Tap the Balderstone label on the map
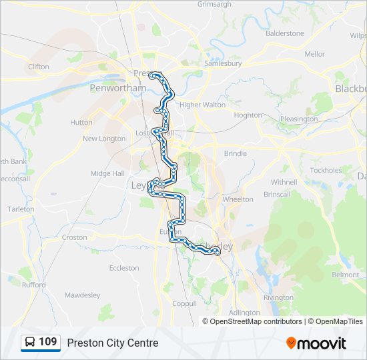(x=285, y=33)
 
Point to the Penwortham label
(x=118, y=87)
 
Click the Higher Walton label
(x=202, y=105)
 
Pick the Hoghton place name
(x=248, y=115)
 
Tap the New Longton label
(x=104, y=139)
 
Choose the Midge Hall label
(x=107, y=173)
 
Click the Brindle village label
(x=236, y=153)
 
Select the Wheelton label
(x=238, y=199)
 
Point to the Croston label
(x=74, y=237)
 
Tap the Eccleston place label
(x=124, y=268)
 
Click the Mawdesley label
(x=82, y=295)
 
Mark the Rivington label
(x=278, y=297)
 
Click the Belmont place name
(x=346, y=275)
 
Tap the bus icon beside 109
(x=30, y=343)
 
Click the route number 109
(x=48, y=342)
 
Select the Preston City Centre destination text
(x=113, y=343)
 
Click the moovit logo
(x=317, y=343)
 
